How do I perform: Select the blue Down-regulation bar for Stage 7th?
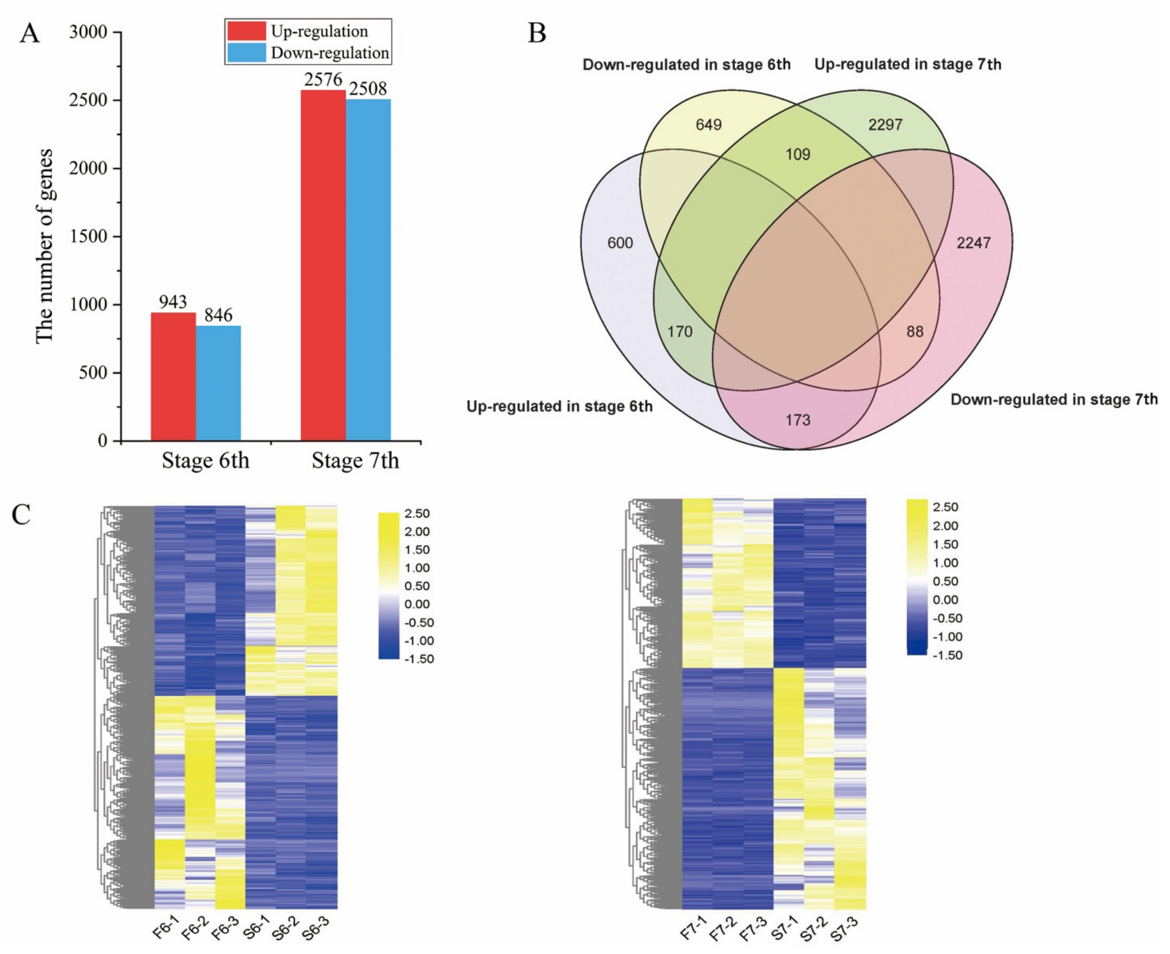[x=368, y=269]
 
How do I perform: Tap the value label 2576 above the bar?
[x=323, y=80]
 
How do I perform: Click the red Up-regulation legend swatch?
[x=246, y=31]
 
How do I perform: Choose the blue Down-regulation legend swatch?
[x=246, y=53]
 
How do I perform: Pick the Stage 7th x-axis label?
[x=355, y=460]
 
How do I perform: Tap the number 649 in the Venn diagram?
[x=709, y=125]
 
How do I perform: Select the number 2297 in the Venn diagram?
[x=885, y=125]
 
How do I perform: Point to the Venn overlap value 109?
[x=798, y=154]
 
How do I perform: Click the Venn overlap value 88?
[x=915, y=331]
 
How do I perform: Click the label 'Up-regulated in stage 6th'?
[x=559, y=407]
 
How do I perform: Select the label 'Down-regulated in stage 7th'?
[x=1053, y=399]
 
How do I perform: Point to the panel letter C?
[x=22, y=515]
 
